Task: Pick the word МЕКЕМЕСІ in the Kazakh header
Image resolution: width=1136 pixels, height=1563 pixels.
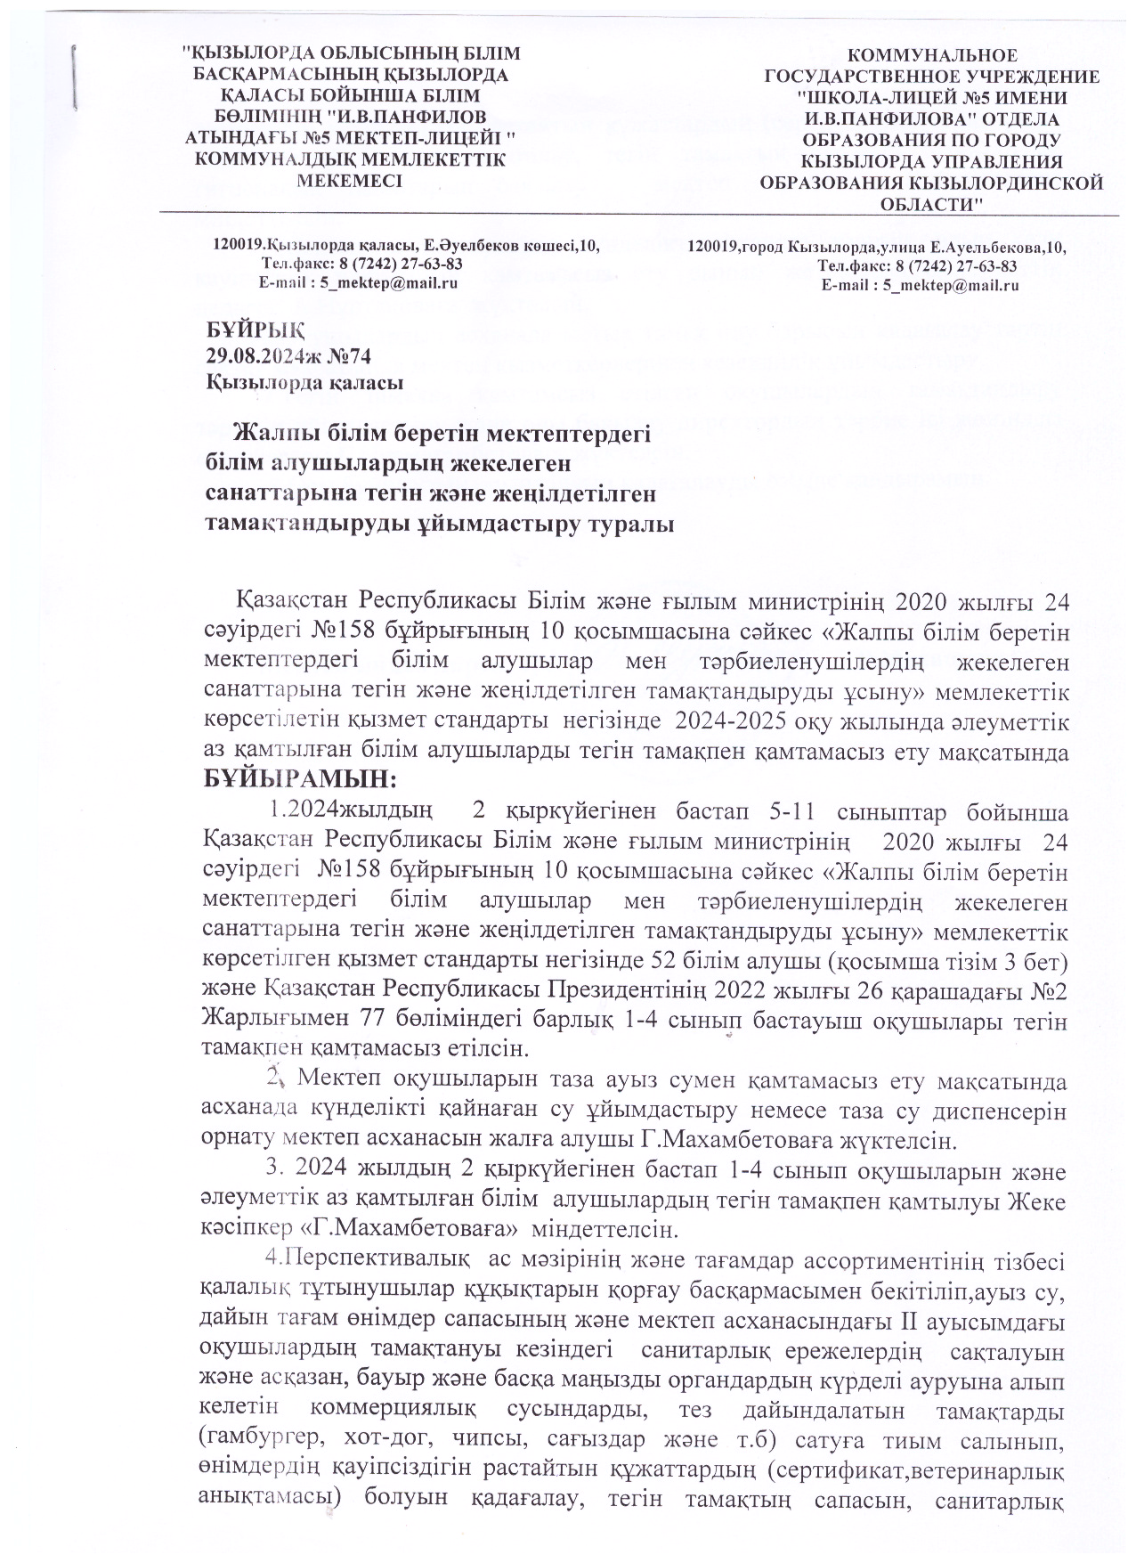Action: [350, 179]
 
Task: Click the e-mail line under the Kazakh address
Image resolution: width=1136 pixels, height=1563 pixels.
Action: [357, 282]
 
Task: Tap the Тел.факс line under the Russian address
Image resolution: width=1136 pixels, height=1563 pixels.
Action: [918, 265]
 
